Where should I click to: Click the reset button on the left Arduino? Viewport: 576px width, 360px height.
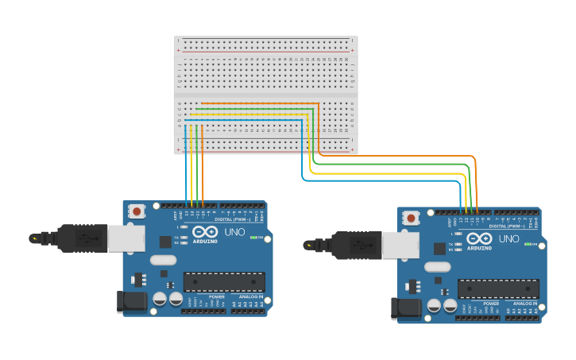(137, 211)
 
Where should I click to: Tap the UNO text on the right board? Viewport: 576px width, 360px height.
(508, 238)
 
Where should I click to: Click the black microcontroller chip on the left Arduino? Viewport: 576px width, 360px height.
(224, 282)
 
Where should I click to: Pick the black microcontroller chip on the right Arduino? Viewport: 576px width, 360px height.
(498, 289)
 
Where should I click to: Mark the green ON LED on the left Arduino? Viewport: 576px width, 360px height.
(253, 237)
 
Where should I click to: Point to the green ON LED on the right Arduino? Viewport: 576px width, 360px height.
(527, 244)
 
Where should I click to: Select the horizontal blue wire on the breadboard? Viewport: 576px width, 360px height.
(246, 120)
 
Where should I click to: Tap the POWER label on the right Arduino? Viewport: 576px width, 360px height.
(491, 304)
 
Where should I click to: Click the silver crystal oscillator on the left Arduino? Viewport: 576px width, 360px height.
(162, 259)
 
